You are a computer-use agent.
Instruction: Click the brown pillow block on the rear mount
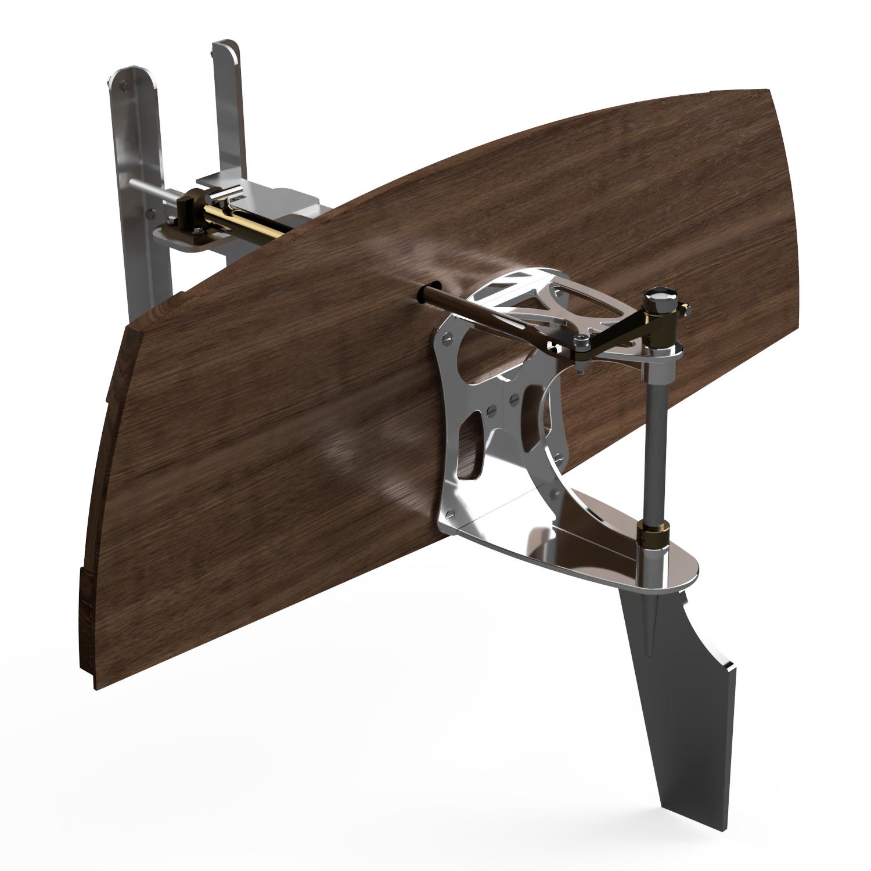coord(187,209)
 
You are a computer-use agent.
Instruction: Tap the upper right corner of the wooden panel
coord(769,91)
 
